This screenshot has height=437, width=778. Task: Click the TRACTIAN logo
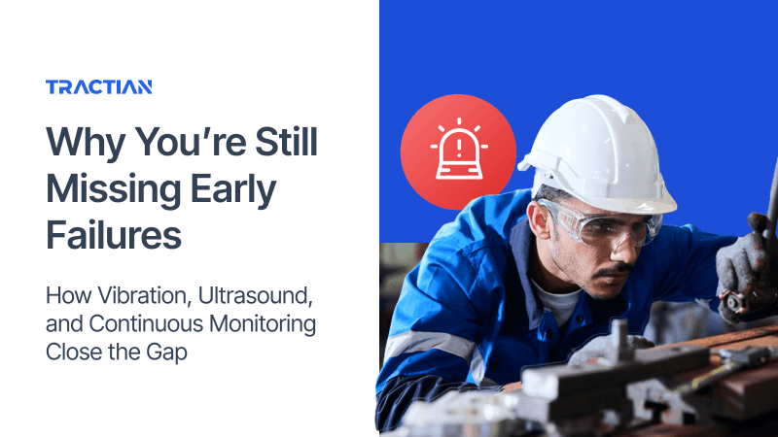pos(98,87)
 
